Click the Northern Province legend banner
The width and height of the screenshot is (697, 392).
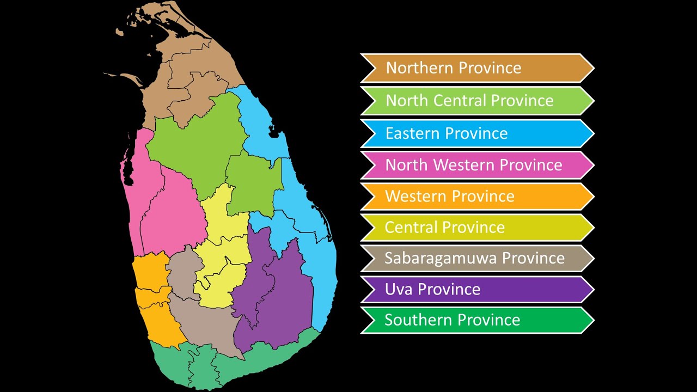pos(477,68)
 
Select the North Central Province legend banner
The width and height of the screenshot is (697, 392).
pos(477,101)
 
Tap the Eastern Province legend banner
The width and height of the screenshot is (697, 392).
pos(477,133)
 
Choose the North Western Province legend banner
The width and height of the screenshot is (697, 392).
pos(477,165)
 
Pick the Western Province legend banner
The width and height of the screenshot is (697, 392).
pos(477,197)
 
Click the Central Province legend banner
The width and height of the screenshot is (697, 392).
pos(477,228)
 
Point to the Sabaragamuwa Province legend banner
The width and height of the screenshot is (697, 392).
pos(477,258)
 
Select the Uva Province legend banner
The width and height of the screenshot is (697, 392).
pos(477,289)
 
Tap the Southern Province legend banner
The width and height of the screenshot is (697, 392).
pos(477,320)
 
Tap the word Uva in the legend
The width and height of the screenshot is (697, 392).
pos(398,289)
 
